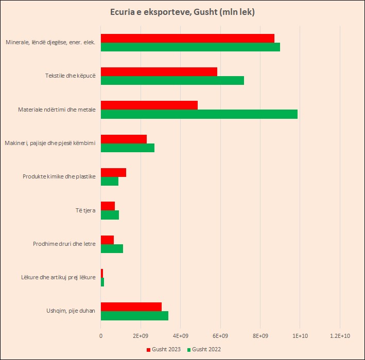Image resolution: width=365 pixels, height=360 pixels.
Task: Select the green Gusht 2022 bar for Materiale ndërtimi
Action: pyautogui.click(x=199, y=114)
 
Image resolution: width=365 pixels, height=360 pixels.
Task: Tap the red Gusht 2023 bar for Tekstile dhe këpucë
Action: pyautogui.click(x=159, y=72)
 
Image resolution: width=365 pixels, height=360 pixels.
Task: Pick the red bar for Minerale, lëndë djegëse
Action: pyautogui.click(x=187, y=38)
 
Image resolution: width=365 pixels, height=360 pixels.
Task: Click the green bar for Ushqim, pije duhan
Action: pyautogui.click(x=134, y=316)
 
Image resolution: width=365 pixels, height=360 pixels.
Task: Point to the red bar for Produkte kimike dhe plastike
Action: pyautogui.click(x=113, y=173)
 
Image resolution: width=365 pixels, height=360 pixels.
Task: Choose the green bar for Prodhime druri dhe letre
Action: pyautogui.click(x=112, y=248)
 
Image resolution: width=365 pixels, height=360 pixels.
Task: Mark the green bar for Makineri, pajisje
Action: pyautogui.click(x=127, y=148)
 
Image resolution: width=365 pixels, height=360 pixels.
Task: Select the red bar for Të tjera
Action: pyautogui.click(x=108, y=206)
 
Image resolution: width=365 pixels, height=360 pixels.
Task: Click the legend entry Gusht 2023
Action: pyautogui.click(x=165, y=350)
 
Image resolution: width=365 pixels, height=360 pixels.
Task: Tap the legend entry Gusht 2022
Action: pyautogui.click(x=206, y=350)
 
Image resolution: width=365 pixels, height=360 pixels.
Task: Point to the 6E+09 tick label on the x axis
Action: pyautogui.click(x=220, y=335)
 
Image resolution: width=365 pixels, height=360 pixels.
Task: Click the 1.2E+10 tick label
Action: pyautogui.click(x=340, y=335)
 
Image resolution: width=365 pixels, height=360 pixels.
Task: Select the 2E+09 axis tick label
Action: pyautogui.click(x=141, y=335)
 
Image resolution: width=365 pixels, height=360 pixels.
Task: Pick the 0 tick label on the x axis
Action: pyautogui.click(x=101, y=335)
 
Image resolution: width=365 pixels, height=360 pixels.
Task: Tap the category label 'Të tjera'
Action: pyautogui.click(x=85, y=210)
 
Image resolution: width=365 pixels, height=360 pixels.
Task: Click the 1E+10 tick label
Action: pyautogui.click(x=300, y=335)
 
